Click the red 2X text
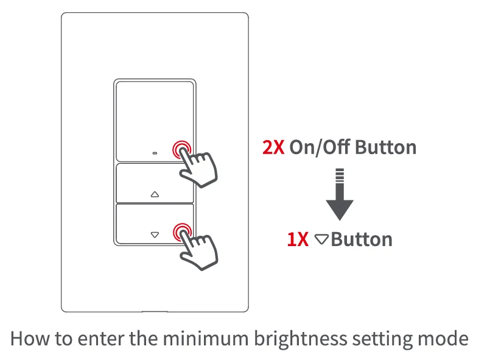273,147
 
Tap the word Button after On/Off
385,147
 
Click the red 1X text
298,239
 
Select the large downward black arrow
339,201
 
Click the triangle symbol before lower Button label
321,239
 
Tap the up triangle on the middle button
154,196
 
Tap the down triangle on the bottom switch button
154,234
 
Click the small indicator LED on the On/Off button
154,152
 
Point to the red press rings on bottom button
181,231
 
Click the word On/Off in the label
320,147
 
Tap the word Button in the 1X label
362,239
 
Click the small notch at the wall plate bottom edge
155,311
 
